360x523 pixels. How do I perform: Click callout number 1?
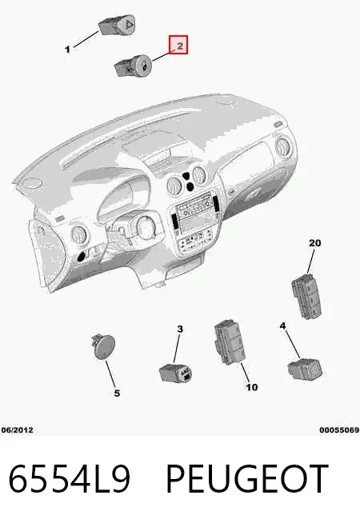coord(68,50)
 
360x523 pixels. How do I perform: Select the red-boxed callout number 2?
coord(178,45)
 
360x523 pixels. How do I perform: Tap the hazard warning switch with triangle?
coord(118,25)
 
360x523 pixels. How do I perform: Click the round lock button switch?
coord(134,65)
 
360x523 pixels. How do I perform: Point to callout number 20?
coord(314,243)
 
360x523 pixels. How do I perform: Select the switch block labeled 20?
coord(307,297)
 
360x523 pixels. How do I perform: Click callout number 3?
coord(180,329)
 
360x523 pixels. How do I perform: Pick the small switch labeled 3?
coord(175,373)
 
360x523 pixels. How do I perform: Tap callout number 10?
coord(252,387)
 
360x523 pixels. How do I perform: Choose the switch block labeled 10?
coord(230,342)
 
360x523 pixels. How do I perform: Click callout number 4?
coord(282,325)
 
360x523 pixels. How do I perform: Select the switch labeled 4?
coord(305,369)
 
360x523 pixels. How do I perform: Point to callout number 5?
coord(117,393)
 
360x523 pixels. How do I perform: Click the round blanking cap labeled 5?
coord(103,346)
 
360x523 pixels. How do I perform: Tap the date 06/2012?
coord(18,430)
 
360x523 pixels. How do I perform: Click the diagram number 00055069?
coord(339,430)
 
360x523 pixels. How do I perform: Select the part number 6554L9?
coord(69,479)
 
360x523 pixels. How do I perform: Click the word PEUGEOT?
coord(247,479)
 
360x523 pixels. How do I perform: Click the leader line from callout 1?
coord(86,39)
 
